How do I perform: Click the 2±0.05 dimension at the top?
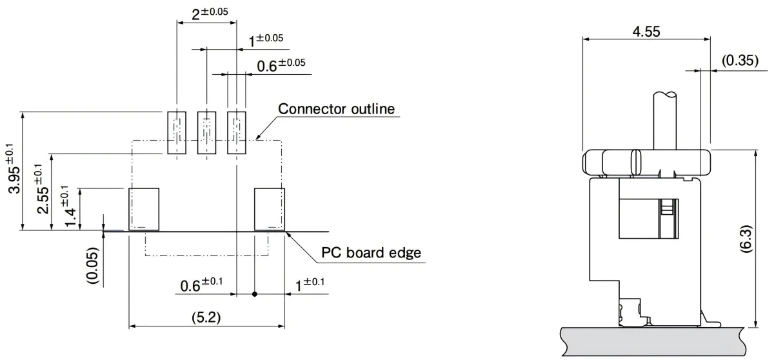point(210,14)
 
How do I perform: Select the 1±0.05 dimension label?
point(266,40)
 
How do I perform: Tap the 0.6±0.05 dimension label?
point(281,65)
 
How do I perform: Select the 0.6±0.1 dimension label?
point(201,284)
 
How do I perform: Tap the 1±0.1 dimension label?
point(310,284)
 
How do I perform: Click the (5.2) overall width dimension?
point(206,317)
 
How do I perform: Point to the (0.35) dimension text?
point(740,61)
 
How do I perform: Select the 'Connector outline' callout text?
point(336,108)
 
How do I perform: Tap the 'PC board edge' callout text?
point(371,252)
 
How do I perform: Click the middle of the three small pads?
point(206,133)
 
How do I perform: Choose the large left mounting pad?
point(144,208)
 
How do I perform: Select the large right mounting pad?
point(269,208)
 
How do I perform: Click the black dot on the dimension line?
point(255,294)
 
